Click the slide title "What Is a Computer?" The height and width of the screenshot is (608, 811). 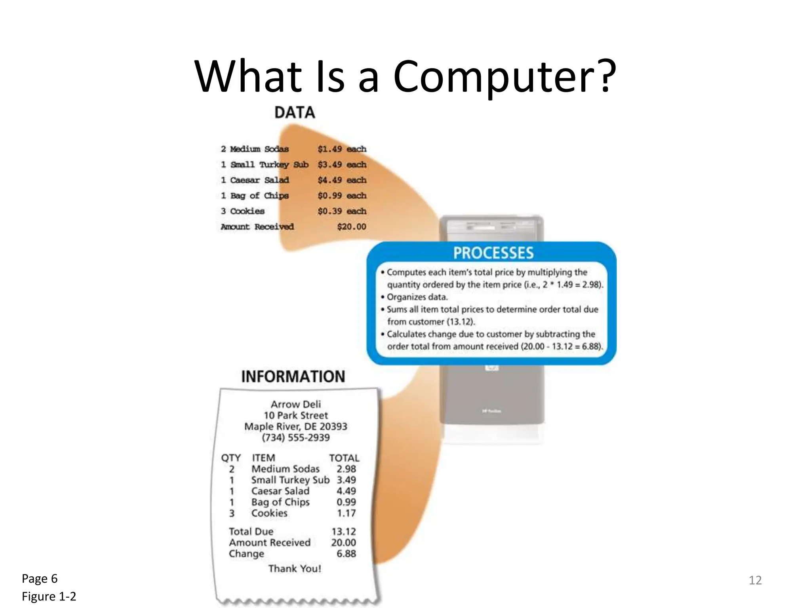pos(405,76)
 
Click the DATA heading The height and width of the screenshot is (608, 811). pos(295,113)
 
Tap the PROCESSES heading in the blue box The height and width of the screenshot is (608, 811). pos(493,253)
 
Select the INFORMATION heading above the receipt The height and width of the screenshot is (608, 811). pos(293,376)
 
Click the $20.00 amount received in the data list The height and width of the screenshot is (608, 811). pos(351,227)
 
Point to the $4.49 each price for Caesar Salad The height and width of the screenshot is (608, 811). pos(342,180)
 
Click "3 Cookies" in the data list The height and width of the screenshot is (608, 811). pos(243,211)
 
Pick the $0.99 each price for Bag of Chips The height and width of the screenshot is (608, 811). pos(342,196)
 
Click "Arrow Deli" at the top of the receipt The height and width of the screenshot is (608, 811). pos(296,404)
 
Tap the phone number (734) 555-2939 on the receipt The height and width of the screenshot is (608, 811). pos(296,437)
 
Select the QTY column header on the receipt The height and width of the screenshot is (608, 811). pos(231,458)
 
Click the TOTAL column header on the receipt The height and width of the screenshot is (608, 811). pos(344,458)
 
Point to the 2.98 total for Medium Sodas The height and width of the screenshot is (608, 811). pos(346,469)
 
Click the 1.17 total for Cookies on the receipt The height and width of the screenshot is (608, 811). pos(346,513)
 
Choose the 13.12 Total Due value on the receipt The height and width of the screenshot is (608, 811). pos(343,532)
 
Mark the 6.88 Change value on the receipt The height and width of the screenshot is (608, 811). pos(346,554)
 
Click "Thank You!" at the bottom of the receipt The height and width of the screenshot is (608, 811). pos(295,569)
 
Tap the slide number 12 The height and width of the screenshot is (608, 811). pos(755,580)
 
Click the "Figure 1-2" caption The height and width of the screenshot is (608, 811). pos(49,597)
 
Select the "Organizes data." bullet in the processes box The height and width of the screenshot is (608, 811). pos(417,297)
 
